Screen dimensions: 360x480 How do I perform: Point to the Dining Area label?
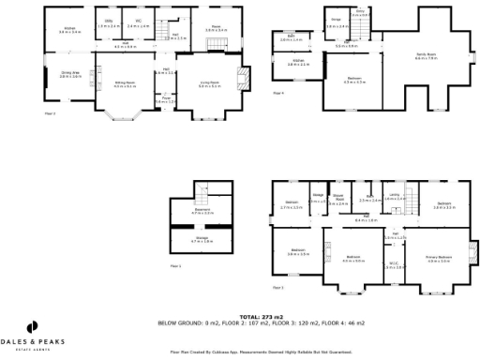[69, 73]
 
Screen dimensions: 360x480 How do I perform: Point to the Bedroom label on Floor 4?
[354, 81]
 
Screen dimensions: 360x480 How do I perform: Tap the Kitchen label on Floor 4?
[298, 63]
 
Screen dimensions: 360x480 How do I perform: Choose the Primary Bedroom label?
[439, 258]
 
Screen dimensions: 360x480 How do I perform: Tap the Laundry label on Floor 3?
[395, 195]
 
